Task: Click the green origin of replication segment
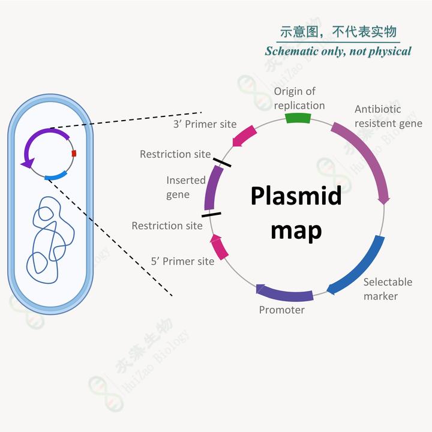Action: (298, 118)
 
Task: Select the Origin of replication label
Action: (299, 98)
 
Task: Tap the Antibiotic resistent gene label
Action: (388, 116)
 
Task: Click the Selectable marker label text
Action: (387, 289)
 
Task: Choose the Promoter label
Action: (281, 310)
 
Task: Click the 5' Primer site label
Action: (182, 262)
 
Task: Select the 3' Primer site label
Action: (205, 125)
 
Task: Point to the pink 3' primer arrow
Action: (244, 136)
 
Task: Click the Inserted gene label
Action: (186, 187)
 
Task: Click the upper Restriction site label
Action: (175, 154)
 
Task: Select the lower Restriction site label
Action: (167, 226)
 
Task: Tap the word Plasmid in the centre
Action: (296, 196)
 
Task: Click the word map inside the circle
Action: (296, 230)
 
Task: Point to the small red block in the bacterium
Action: (74, 154)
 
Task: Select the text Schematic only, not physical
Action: (338, 51)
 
